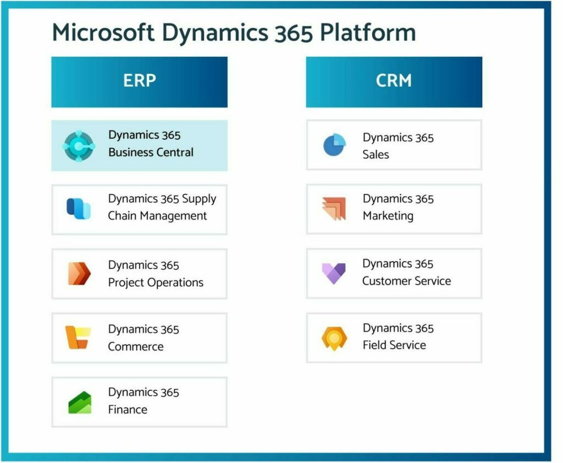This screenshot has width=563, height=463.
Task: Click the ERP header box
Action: click(x=139, y=81)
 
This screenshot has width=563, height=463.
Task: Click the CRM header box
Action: click(x=394, y=81)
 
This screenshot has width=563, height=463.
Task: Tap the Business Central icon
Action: click(x=79, y=145)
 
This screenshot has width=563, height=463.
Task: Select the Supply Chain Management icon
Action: click(x=79, y=209)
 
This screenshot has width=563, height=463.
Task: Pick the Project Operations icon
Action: click(x=79, y=274)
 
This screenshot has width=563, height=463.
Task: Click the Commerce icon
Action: click(x=78, y=337)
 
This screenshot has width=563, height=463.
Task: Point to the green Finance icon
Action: click(x=79, y=402)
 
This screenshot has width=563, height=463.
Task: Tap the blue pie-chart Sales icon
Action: click(x=334, y=145)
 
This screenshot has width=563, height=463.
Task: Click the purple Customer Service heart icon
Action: click(x=334, y=273)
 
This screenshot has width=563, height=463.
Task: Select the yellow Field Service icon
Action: click(x=334, y=337)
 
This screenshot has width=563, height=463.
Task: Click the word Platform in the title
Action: click(x=368, y=33)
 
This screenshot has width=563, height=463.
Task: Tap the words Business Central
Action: click(x=151, y=152)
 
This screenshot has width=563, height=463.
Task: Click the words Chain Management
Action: click(x=157, y=216)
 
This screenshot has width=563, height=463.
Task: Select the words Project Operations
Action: click(x=156, y=283)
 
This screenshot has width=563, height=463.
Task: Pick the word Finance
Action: click(x=128, y=410)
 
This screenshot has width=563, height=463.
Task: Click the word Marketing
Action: click(x=388, y=216)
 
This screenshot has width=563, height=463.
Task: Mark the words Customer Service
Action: click(x=406, y=281)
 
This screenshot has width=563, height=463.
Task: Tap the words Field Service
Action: click(x=394, y=345)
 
